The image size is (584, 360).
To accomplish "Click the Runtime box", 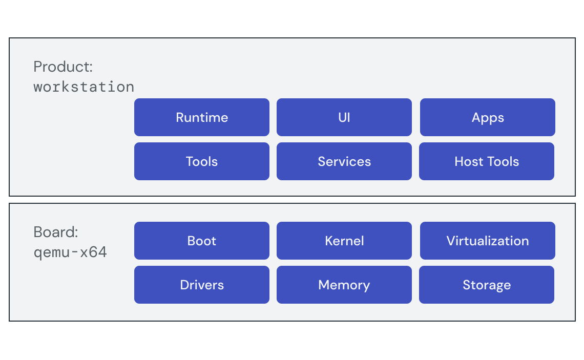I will (201, 117).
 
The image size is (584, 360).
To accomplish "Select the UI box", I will (344, 117).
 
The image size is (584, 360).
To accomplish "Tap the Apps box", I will (487, 117).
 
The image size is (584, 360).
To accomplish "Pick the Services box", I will (344, 161).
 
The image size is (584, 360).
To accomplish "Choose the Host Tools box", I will (486, 161).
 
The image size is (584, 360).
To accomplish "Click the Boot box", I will (201, 241).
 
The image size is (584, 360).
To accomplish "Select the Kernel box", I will (344, 241).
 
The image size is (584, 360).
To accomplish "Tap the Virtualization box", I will (487, 241).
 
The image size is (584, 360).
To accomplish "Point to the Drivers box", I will (201, 285).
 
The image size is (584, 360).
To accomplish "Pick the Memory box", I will (344, 285).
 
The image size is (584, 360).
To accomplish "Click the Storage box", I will (486, 285).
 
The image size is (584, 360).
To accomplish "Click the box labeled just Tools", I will (201, 161).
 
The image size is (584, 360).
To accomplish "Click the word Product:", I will (63, 67).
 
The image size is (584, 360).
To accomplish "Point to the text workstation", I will (84, 87).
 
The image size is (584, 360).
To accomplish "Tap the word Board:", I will (56, 232).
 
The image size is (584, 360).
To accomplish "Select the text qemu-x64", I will (70, 252).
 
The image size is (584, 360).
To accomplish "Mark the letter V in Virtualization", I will (450, 241).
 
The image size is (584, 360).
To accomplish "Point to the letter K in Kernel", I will (328, 241).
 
